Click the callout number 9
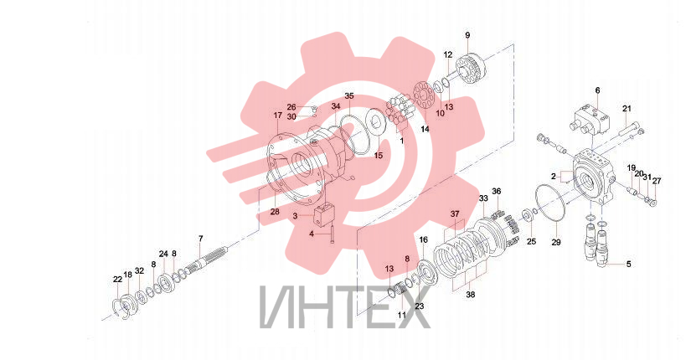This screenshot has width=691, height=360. tap(467, 35)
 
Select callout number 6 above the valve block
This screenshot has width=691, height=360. tap(597, 90)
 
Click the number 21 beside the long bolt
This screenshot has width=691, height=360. tap(627, 108)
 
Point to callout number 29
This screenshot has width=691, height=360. tap(556, 242)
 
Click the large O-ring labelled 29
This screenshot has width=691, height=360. tap(549, 203)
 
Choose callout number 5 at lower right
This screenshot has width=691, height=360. tap(629, 264)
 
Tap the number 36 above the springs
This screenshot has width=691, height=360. tap(497, 191)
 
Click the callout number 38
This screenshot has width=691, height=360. tap(471, 295)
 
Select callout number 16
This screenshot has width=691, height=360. tap(424, 239)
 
